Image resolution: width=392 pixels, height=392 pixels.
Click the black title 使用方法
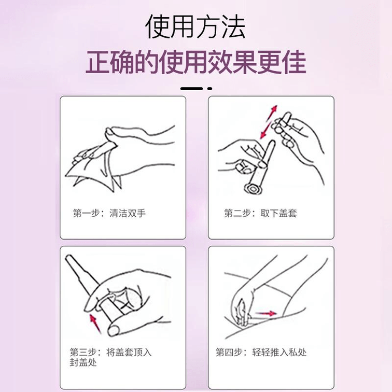click(x=195, y=26)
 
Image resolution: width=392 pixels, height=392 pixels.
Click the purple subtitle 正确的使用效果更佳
click(x=196, y=62)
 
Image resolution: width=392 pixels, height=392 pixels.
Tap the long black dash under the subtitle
click(x=191, y=89)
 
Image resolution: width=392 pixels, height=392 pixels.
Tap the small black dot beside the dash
click(x=209, y=89)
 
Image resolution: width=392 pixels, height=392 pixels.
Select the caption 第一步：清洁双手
click(x=109, y=213)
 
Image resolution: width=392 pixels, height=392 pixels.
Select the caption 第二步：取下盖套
click(x=260, y=213)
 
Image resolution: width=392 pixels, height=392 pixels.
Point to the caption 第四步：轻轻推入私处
click(x=261, y=352)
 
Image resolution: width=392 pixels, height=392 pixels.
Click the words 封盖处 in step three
click(x=83, y=362)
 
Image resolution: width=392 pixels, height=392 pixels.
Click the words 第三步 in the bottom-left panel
click(x=83, y=352)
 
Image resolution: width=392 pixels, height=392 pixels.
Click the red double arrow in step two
click(x=269, y=122)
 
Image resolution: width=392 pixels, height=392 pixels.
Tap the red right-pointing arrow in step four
click(x=266, y=313)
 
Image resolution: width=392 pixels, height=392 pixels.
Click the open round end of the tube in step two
click(x=254, y=189)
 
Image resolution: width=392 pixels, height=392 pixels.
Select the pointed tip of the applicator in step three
click(x=68, y=258)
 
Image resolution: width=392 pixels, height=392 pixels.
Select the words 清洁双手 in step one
click(x=128, y=213)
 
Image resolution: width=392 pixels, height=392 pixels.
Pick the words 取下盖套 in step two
click(x=278, y=213)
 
